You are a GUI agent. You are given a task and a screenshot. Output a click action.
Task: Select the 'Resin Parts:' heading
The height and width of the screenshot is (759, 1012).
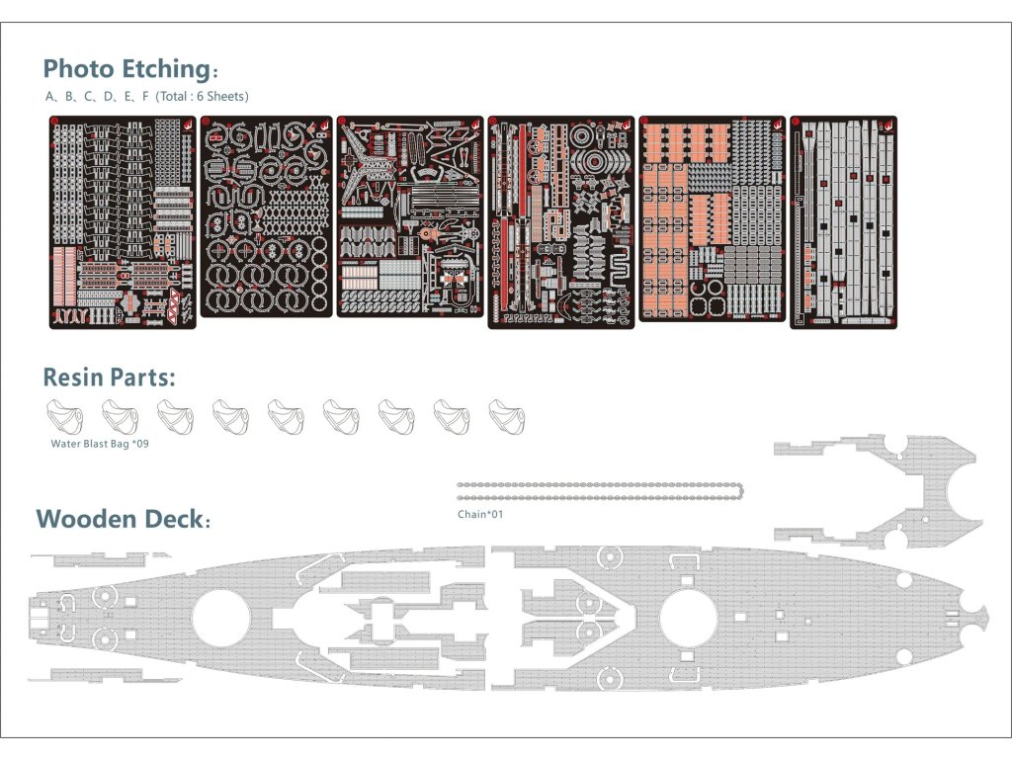(109, 378)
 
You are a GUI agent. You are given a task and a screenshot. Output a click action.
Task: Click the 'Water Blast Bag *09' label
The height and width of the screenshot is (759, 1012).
(99, 444)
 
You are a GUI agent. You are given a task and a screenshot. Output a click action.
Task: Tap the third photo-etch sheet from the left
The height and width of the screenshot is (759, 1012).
(410, 216)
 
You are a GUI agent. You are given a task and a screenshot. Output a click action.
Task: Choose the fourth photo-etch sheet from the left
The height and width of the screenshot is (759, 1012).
(561, 222)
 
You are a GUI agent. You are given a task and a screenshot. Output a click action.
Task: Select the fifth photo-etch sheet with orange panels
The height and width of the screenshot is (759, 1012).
(712, 218)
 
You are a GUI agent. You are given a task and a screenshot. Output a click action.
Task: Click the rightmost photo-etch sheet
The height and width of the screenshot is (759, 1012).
(843, 222)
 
